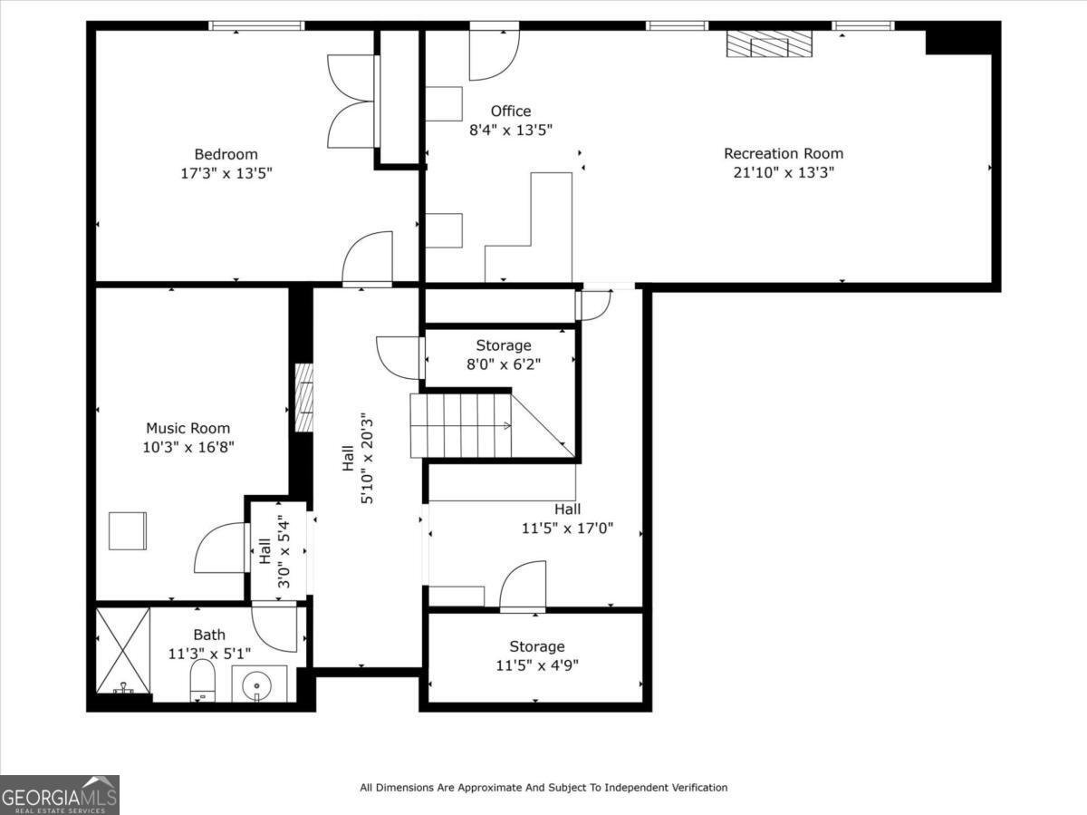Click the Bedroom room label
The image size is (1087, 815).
pos(226,154)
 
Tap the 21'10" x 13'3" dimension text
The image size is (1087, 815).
pos(784,172)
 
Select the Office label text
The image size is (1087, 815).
pos(511,111)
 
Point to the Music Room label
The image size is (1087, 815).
pos(188,428)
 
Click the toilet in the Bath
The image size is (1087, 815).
pos(203,680)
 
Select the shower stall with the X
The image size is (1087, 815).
pos(123,651)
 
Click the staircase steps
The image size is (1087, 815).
pos(460,425)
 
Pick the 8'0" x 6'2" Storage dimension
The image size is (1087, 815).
pos(504,364)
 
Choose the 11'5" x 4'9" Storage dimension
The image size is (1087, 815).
pos(537,665)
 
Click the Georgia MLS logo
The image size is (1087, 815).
pos(60,795)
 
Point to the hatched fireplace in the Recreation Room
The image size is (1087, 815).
pos(769,44)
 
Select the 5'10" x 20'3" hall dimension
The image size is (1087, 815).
pos(367,459)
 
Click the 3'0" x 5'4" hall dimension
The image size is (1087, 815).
pos(284,551)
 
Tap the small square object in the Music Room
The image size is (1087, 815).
pos(128,530)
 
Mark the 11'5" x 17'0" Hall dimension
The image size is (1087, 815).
pos(568,529)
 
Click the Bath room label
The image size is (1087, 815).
pos(209,635)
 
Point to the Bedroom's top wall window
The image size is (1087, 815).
pos(256,25)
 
